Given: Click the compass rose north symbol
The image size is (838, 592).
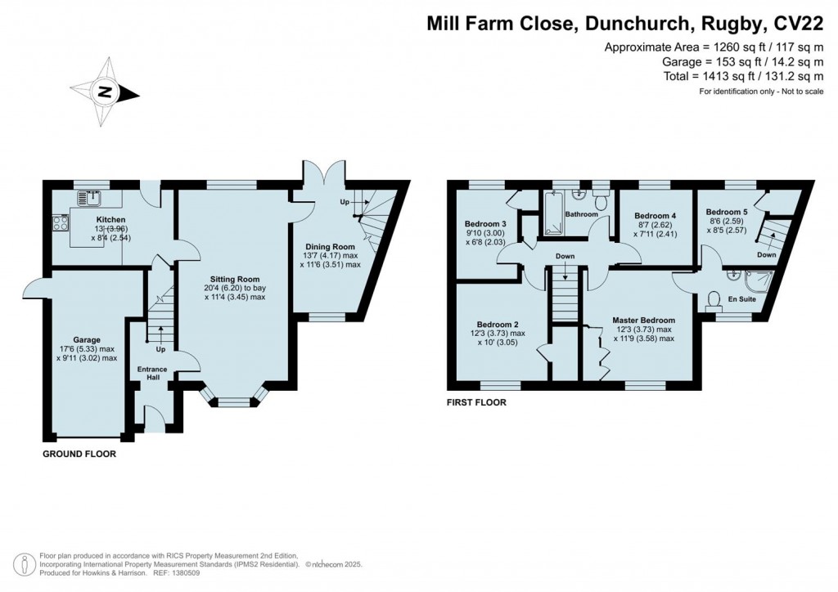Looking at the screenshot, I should [105, 92].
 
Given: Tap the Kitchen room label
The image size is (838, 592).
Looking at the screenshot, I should [110, 221].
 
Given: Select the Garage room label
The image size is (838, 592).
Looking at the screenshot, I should [86, 339].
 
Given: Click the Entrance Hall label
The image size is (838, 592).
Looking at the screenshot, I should [152, 374].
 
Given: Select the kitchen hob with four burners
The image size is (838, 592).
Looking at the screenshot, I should [61, 221].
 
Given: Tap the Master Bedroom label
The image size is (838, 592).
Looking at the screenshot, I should [646, 320].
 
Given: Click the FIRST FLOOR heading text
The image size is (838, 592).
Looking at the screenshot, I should [476, 402].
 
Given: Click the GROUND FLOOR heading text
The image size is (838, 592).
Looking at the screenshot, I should [79, 453].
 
